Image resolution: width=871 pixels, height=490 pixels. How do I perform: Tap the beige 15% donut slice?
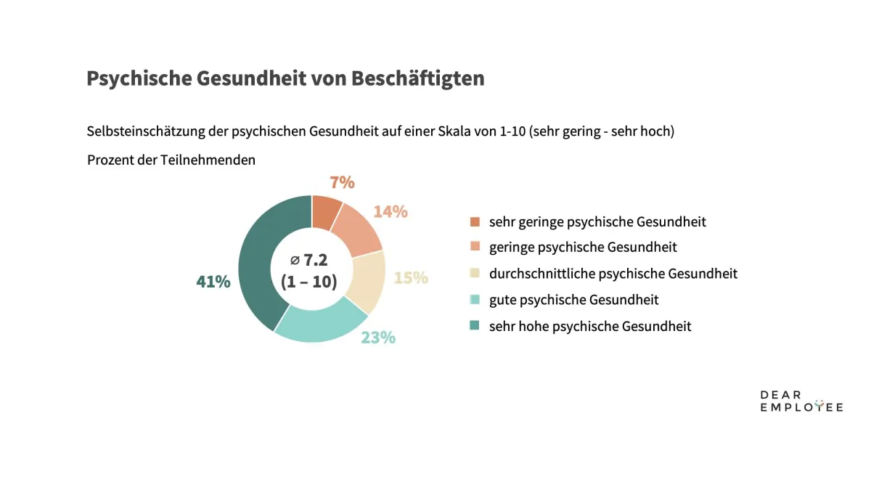[x=367, y=280]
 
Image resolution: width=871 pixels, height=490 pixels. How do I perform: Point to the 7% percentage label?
[x=341, y=182]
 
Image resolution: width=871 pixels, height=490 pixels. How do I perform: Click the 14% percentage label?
[x=390, y=212]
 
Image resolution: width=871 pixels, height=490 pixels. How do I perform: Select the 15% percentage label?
[x=411, y=278]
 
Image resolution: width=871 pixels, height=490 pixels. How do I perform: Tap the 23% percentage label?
[x=378, y=338]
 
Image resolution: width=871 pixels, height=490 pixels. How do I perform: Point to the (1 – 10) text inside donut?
[x=309, y=282]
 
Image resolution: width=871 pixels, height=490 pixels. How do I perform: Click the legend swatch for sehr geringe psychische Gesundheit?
[x=475, y=221]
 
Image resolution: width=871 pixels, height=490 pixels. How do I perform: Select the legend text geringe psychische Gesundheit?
[x=583, y=248]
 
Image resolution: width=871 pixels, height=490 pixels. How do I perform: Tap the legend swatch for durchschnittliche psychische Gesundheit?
[x=475, y=274]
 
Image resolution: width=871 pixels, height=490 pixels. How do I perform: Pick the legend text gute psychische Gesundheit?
[x=574, y=300]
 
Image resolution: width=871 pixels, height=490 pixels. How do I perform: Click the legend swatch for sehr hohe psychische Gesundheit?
[x=475, y=326]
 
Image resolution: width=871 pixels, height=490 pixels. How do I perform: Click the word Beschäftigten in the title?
[x=417, y=78]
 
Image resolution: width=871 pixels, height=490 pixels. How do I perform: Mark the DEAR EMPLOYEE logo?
[x=801, y=401]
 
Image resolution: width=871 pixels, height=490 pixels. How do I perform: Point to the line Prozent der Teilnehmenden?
[x=171, y=160]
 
